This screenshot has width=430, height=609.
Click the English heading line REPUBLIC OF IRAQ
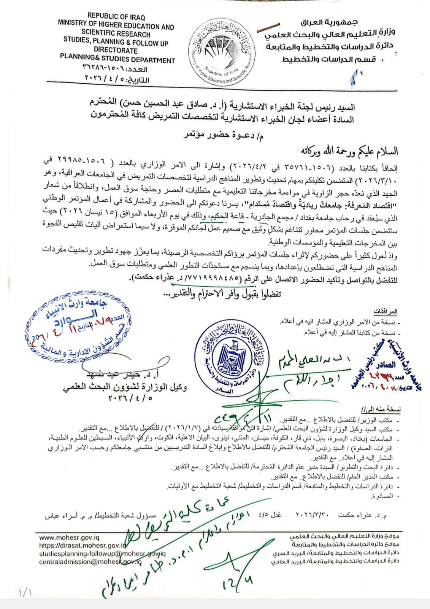coord(116,17)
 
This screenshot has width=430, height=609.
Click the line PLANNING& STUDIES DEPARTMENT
coord(117,60)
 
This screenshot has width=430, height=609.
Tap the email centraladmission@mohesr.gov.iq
coord(90,561)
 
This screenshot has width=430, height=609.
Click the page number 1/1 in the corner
coord(25,593)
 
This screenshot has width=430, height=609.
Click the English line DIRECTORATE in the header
coord(116,50)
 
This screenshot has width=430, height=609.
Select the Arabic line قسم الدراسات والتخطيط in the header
coord(329,59)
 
